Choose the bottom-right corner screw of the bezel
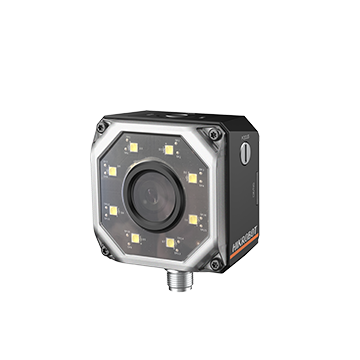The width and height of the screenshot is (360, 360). [212, 263]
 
